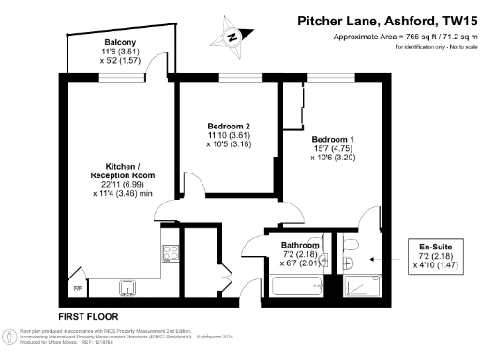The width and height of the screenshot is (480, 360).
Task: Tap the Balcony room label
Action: pos(121,42)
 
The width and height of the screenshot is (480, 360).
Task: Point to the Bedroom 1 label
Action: pos(333,139)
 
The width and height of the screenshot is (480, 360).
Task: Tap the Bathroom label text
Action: pos(301,245)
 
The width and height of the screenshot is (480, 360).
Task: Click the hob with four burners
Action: pos(172,251)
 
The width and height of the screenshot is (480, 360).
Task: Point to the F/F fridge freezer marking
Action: pos(78,287)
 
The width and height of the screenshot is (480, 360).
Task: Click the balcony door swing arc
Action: pos(163,75)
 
